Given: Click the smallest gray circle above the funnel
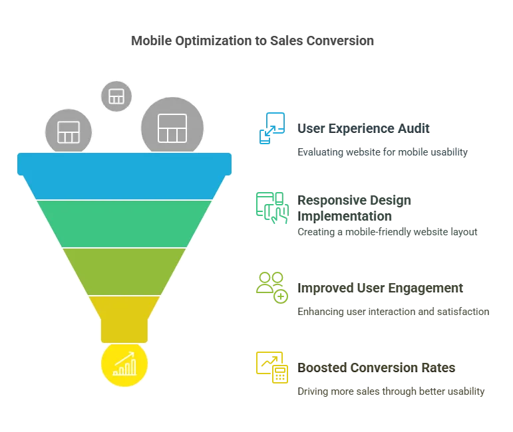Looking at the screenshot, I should [x=116, y=96].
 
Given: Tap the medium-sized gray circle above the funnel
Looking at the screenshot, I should [x=68, y=131].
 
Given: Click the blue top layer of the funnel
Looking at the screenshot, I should [x=124, y=175].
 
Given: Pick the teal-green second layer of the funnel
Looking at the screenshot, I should [x=124, y=223].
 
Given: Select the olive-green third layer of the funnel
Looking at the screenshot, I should [x=124, y=271].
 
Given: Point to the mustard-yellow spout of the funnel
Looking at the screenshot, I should [x=124, y=318].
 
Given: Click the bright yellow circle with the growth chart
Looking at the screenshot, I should [x=124, y=364].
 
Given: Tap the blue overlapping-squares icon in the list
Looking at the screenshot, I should [x=272, y=128].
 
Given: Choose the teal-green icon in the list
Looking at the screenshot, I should [x=272, y=207].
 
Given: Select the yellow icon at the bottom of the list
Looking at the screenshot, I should [x=272, y=367].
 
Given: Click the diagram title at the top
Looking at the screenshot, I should [x=253, y=41].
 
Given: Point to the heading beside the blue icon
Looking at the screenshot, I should [x=363, y=128].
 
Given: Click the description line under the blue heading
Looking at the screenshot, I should [x=382, y=153].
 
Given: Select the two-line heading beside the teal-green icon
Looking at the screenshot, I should [x=357, y=209].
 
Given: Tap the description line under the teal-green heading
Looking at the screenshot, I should [x=387, y=233].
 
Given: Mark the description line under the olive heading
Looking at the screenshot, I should [x=393, y=312].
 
